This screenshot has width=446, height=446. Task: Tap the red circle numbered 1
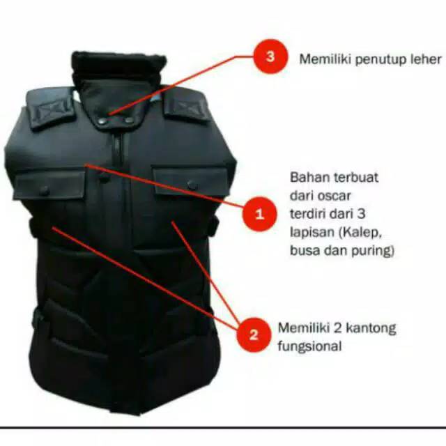(259, 214)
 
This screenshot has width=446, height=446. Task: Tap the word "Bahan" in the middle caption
(307, 176)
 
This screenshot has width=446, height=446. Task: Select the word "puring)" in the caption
(374, 250)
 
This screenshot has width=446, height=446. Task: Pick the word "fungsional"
(309, 345)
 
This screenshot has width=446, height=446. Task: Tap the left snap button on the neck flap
(102, 121)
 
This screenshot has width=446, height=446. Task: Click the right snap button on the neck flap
(130, 121)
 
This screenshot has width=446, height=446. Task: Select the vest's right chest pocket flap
(190, 179)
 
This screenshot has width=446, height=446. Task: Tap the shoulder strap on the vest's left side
(49, 109)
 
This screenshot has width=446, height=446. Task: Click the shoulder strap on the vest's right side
(185, 107)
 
